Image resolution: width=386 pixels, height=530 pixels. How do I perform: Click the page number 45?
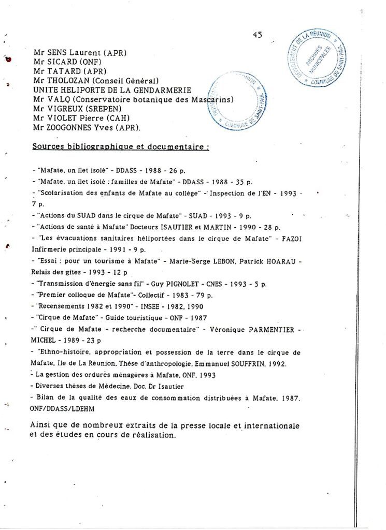pyautogui.click(x=258, y=35)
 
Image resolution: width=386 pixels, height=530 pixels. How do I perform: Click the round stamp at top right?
pyautogui.click(x=317, y=58)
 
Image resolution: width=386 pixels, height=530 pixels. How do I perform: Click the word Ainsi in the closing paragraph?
pyautogui.click(x=40, y=425)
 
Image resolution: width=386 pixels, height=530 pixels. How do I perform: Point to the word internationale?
pyautogui.click(x=272, y=425)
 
